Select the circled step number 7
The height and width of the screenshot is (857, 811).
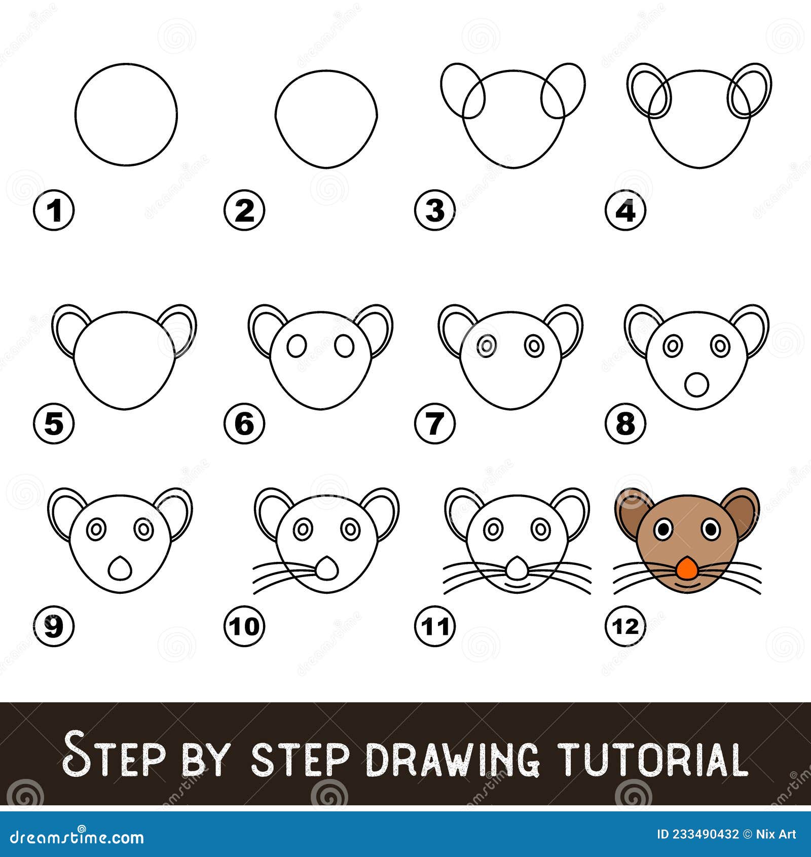pyautogui.click(x=434, y=423)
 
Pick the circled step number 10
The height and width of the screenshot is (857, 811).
pyautogui.click(x=244, y=626)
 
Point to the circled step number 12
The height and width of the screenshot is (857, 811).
pyautogui.click(x=625, y=626)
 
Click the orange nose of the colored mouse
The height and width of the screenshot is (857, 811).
pyautogui.click(x=686, y=567)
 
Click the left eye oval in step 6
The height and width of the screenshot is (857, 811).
pyautogui.click(x=297, y=346)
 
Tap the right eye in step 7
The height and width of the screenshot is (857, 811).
pyautogui.click(x=534, y=346)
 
